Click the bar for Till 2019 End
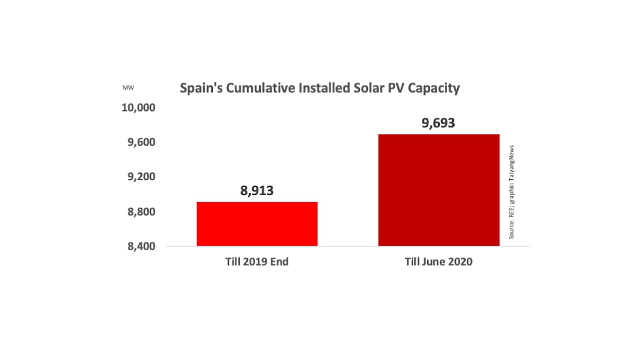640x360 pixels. pos(257,224)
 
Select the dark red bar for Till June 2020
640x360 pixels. pos(438,190)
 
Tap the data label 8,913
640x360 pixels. pos(257,190)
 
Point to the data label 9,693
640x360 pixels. pos(438,123)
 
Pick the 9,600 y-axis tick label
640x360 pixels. pos(140,142)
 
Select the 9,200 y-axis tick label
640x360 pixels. pos(140,177)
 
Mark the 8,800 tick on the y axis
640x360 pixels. pos(140,212)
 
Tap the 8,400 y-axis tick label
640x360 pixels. pos(140,247)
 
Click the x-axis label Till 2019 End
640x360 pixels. pos(257,262)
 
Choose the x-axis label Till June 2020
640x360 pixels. pos(438,262)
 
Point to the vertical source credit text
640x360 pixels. pos(511,191)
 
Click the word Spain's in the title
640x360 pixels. pos(201,89)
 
